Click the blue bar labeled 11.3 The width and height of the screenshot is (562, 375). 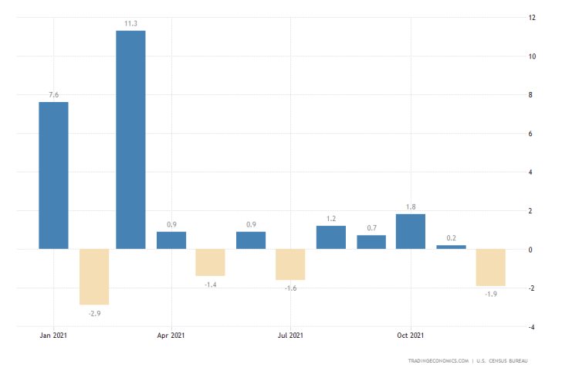tap(130, 140)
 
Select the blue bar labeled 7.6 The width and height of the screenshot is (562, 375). tap(53, 176)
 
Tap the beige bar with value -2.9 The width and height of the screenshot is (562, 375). tap(93, 277)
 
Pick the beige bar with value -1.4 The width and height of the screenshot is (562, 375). tap(210, 263)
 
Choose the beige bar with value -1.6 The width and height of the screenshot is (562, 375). tap(290, 264)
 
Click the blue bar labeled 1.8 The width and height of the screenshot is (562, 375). tap(410, 232)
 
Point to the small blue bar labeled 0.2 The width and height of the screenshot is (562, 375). tap(451, 247)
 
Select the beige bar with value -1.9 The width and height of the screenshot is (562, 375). tap(491, 268)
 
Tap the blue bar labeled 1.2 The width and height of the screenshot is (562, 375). tap(330, 237)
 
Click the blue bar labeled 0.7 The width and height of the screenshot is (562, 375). tap(371, 242)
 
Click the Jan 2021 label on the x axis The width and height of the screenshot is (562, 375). tap(53, 336)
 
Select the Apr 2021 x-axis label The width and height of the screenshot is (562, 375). tap(171, 336)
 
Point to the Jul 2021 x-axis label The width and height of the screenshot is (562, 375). tap(290, 336)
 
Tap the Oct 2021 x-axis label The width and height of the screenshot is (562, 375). tap(410, 336)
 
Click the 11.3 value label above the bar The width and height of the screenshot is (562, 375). tap(130, 24)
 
